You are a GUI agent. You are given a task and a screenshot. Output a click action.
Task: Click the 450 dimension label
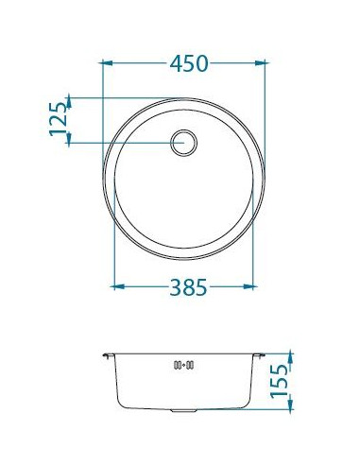pyautogui.click(x=189, y=63)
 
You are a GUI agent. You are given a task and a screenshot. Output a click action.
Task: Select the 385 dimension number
pyautogui.click(x=188, y=287)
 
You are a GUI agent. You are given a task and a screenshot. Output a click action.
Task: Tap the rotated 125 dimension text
pyautogui.click(x=59, y=119)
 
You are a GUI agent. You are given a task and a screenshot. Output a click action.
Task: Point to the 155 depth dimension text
pyautogui.click(x=280, y=381)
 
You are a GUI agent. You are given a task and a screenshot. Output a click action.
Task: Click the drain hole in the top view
pyautogui.click(x=184, y=143)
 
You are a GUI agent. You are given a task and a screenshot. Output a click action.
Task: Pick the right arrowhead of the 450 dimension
pyautogui.click(x=260, y=63)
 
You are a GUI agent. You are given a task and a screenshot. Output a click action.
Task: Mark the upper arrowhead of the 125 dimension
pyautogui.click(x=69, y=103)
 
